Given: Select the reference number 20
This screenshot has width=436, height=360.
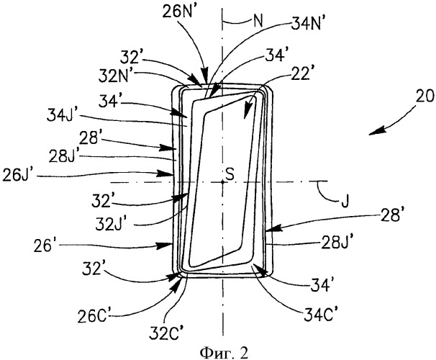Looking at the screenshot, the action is (x=425, y=96).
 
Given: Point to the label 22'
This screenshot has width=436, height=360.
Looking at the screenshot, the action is (x=300, y=75).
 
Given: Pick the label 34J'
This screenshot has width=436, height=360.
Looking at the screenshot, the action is (x=60, y=115).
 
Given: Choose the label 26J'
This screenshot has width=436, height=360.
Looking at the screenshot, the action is (x=17, y=176).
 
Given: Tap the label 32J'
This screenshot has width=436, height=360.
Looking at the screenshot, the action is (x=111, y=224).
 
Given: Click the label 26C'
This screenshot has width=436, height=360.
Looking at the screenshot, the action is (x=92, y=318).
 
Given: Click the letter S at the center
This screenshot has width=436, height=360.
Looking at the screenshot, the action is (x=230, y=174).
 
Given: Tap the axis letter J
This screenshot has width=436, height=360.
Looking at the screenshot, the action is (x=345, y=202).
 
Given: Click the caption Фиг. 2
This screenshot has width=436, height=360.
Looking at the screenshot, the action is (x=224, y=353).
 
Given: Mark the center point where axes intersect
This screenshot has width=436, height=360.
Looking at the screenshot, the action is (x=222, y=182).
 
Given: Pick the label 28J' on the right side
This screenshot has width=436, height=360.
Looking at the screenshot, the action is (x=337, y=242).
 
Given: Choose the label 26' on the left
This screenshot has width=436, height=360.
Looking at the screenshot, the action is (x=42, y=246).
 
